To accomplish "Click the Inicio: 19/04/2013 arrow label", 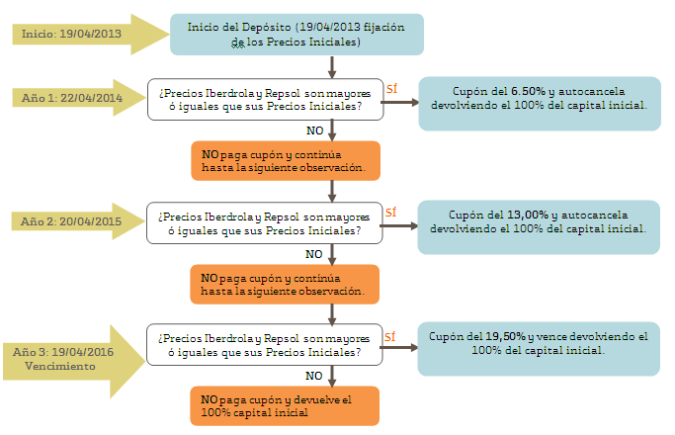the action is coord(71,34).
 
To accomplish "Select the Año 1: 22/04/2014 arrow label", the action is coord(72,98).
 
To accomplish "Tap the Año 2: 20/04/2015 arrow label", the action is coord(71,221).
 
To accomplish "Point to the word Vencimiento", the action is coord(60,366).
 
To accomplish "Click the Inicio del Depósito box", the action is coord(296,35).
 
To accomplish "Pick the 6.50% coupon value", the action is coord(528,91).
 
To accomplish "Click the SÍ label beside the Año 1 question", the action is coord(391,88).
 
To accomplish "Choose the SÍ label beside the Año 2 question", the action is coord(391,212).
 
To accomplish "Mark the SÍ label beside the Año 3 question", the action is coord(390,336).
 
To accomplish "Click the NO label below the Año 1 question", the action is coord(314,130).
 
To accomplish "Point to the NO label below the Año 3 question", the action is coord(314,376).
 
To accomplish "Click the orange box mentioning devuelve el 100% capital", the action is coord(285,405).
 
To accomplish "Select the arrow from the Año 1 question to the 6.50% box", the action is coord(400,102).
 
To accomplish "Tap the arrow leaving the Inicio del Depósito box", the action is coord(332,67).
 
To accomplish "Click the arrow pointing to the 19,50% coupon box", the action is coord(398,348).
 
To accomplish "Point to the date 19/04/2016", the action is coord(83,352).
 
